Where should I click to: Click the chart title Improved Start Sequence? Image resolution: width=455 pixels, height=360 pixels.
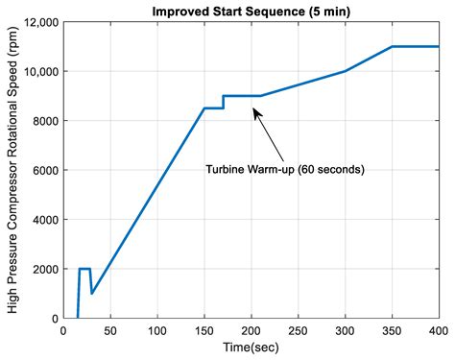coord(251,11)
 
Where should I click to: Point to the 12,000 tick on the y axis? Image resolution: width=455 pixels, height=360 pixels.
coord(39,22)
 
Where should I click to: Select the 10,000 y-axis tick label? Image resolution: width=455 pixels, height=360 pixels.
coord(39,72)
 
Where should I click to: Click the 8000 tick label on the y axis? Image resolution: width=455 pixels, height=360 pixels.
coord(43,121)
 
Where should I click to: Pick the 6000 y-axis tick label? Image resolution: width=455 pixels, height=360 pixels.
coord(43,170)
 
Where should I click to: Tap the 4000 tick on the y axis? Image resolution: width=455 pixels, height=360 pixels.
coord(43,220)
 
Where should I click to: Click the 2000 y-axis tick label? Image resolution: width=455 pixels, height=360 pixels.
coord(43,269)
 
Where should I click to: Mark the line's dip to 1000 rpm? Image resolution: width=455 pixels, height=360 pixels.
coord(91,294)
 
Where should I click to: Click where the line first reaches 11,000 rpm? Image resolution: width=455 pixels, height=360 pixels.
coord(392,47)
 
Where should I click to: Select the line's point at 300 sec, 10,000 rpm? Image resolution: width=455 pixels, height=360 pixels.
coord(345,71)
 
